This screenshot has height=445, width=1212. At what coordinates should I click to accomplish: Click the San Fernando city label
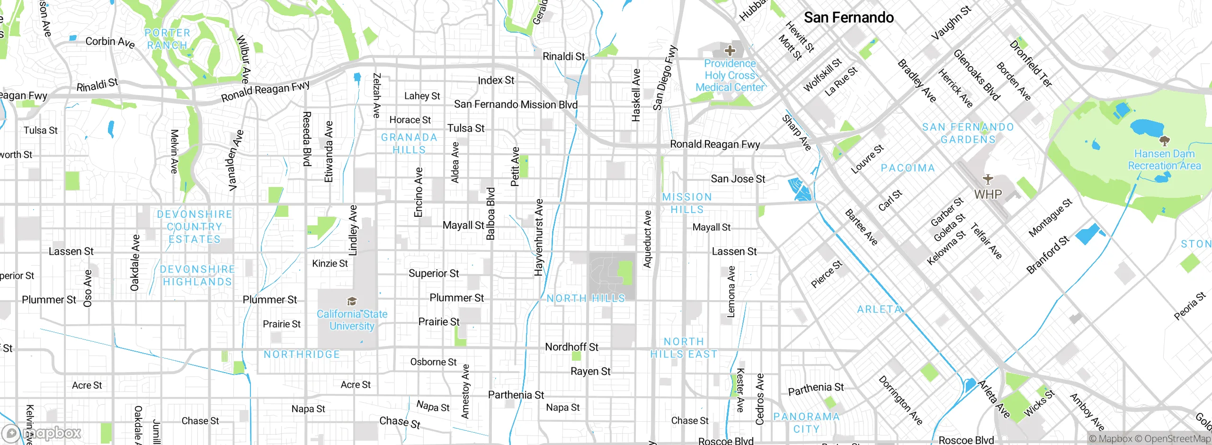pos(848,18)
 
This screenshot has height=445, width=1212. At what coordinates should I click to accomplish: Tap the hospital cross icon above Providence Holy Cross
pos(730,50)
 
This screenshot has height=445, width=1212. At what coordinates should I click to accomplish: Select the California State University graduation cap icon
pos(351,302)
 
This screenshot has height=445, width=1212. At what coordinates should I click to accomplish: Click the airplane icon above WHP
pos(988,179)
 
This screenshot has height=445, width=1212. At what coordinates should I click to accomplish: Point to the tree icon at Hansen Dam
pos(1164,141)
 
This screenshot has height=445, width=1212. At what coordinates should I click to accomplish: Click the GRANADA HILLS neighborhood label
pos(409,143)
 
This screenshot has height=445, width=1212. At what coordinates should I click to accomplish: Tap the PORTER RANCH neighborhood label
pos(167,39)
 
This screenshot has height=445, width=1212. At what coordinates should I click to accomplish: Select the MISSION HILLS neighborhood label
pos(687,203)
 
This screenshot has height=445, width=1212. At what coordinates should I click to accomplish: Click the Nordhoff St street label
pos(571,347)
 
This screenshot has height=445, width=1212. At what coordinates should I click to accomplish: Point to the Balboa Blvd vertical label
pos(490,214)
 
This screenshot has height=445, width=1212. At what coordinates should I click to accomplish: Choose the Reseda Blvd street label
pos(307,139)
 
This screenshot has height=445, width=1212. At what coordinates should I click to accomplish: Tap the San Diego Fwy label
pos(665,78)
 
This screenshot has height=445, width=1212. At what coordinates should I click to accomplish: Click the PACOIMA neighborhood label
pos(908,168)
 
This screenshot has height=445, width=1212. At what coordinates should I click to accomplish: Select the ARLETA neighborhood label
pos(879,309)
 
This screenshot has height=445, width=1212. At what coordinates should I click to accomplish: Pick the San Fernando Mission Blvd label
pos(516,104)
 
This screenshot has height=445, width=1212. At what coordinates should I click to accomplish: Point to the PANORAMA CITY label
pos(806,423)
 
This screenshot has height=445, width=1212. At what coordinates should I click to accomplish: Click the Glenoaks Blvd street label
pos(976,75)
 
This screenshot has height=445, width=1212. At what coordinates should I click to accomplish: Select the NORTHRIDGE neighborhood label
pos(302,354)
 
